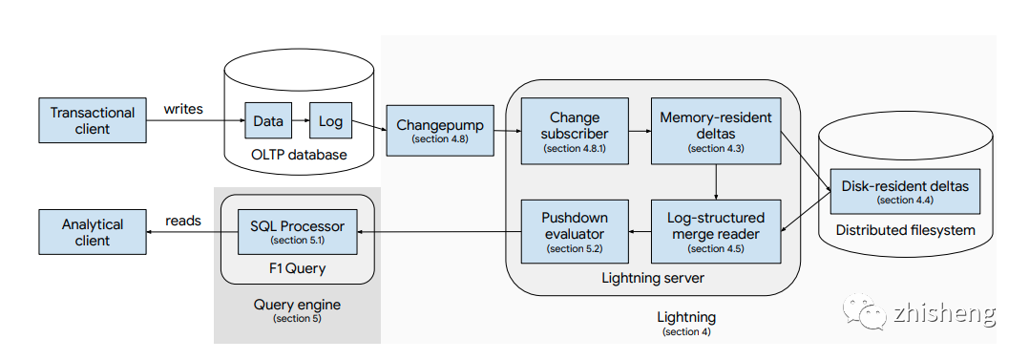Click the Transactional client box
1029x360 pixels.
(93, 120)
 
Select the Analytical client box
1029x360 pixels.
(93, 232)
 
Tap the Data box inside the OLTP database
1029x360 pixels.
(268, 121)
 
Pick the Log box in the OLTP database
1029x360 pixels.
(330, 121)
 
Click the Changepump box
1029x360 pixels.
(440, 130)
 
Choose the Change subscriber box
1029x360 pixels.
(575, 131)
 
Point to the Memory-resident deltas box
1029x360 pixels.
(716, 131)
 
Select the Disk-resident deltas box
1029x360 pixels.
(905, 191)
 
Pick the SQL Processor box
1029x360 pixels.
(297, 232)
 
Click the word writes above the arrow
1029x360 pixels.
(183, 109)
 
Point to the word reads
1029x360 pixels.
(183, 221)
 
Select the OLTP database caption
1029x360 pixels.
(299, 155)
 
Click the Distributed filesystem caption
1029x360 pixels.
(905, 230)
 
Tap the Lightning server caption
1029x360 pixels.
(653, 278)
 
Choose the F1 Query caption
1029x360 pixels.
(297, 268)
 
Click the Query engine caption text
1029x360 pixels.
(297, 306)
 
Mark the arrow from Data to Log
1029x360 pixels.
(301, 121)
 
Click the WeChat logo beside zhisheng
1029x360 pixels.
(865, 310)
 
